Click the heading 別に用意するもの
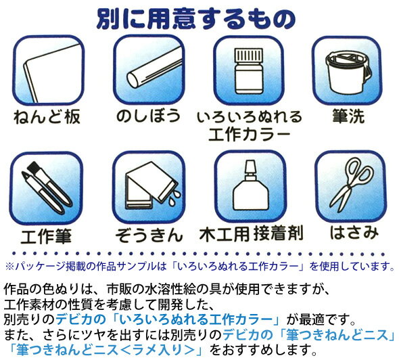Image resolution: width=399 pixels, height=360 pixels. point(196,19)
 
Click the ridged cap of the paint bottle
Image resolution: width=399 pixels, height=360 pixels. point(249,55)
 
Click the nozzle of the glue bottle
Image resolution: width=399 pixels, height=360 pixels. point(250,167)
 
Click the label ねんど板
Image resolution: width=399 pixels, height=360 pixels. point(47,116)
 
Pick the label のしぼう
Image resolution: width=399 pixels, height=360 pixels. point(148,116)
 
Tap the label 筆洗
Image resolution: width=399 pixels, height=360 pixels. point(348,116)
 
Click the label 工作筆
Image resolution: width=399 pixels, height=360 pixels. point(46,236)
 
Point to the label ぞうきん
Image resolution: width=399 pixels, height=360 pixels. point(149,235)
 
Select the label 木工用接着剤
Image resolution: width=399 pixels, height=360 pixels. point(252,233)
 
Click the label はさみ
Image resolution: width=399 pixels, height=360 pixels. point(354,232)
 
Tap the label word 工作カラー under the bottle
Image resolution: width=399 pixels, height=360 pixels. point(249,135)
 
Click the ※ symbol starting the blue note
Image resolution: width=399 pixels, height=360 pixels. point(9,267)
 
